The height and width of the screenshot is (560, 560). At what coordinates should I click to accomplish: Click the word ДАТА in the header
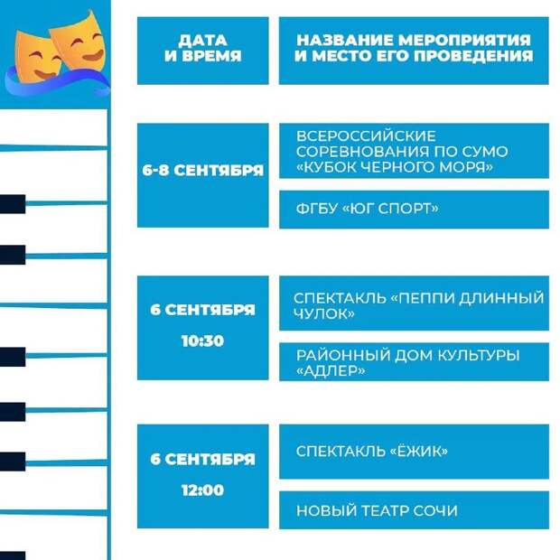coord(203,41)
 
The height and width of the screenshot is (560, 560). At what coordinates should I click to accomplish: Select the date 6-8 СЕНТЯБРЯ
coord(203,171)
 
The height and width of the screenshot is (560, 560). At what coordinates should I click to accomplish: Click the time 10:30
coord(202,341)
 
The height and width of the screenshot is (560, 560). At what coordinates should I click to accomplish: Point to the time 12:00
coord(202,490)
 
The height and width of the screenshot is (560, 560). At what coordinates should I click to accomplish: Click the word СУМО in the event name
coord(485,152)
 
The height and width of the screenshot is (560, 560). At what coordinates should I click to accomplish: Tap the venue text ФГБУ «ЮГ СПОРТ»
coord(367,209)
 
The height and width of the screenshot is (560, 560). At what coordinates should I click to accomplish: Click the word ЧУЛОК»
coord(324,313)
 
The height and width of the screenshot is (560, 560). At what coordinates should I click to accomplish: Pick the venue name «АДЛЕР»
coord(331,370)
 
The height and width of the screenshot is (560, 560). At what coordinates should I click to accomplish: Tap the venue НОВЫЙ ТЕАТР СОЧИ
coord(377,510)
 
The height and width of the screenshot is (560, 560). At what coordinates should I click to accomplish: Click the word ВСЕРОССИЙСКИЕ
coord(366,136)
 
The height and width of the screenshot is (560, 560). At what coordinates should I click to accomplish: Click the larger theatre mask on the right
coord(79,41)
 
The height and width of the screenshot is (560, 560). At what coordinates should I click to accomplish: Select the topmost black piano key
coord(13,204)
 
